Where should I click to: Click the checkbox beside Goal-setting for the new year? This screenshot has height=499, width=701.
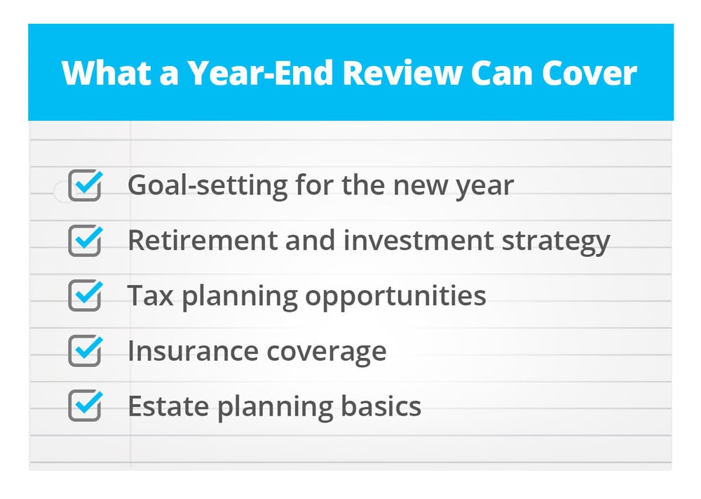[85, 185]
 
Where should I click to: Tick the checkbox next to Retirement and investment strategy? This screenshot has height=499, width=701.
[85, 240]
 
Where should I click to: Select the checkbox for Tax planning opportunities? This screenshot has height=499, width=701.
[85, 295]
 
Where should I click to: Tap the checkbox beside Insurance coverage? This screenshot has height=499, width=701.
[85, 350]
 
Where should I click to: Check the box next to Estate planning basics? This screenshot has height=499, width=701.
[85, 406]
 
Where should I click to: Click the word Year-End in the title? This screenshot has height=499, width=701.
[261, 73]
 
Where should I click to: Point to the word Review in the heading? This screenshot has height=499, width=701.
[402, 73]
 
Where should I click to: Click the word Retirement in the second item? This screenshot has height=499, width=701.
[203, 240]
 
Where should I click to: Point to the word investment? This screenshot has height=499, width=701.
[419, 240]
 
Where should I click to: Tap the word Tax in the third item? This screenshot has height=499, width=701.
[151, 295]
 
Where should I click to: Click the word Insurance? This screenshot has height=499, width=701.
[193, 351]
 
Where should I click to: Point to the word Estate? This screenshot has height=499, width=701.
[168, 406]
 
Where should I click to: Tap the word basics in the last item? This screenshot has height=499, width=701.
[381, 405]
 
